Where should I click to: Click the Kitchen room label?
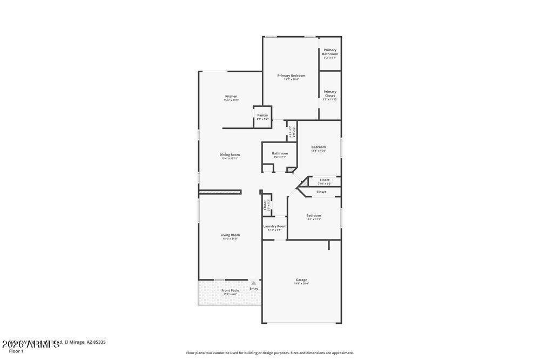(231, 97)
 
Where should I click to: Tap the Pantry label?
(262, 115)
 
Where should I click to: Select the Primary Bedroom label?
(291, 76)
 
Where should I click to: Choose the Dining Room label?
(230, 155)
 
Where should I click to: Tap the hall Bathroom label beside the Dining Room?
(280, 153)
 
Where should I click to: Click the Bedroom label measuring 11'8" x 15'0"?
(319, 147)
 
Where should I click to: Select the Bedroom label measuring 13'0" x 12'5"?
(314, 215)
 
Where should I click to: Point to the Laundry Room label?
(274, 226)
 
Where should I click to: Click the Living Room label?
(230, 235)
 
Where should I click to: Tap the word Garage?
(301, 280)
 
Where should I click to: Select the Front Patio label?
(230, 290)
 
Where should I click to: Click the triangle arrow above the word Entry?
(253, 283)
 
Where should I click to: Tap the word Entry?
(254, 289)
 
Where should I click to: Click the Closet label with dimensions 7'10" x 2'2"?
(325, 180)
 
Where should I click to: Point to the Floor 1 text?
(16, 351)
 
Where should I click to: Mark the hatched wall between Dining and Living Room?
(220, 192)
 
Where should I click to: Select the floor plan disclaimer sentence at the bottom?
(270, 353)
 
